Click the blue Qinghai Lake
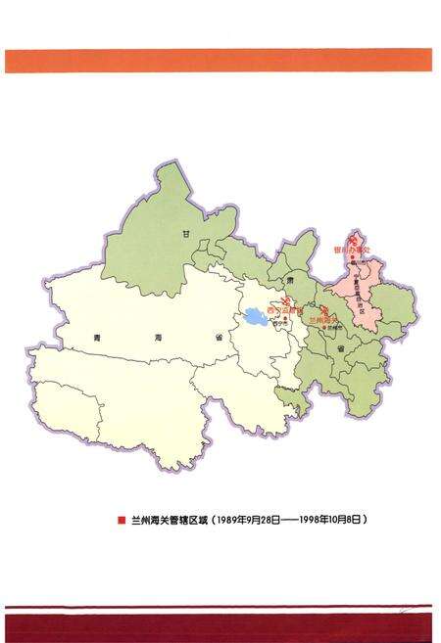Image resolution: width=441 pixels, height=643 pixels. point(257,317)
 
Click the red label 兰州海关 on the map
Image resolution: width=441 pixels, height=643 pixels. point(323,319)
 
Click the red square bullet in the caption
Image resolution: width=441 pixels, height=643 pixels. point(121,520)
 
